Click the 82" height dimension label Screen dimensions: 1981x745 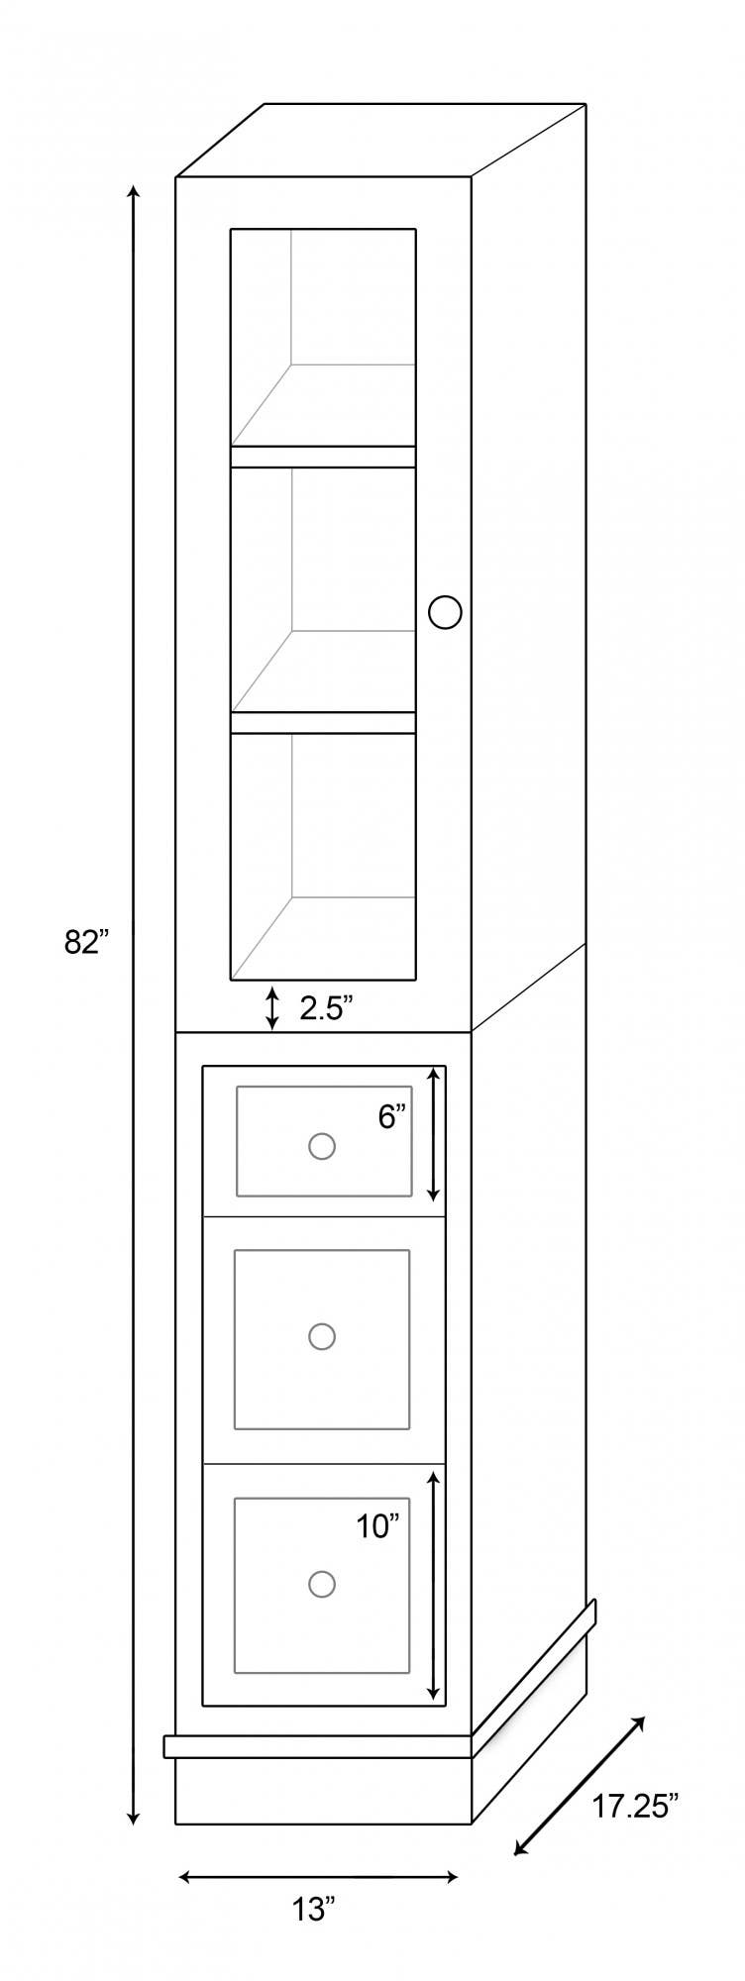click(x=85, y=942)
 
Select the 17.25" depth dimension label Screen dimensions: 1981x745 click(x=635, y=1805)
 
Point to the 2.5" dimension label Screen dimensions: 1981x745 click(x=326, y=1008)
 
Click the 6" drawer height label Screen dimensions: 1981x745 click(x=392, y=1117)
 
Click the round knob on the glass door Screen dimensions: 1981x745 click(x=445, y=612)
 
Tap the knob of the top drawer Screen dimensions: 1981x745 click(x=321, y=1146)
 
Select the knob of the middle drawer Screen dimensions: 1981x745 click(x=321, y=1336)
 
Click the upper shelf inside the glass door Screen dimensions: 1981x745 click(x=323, y=456)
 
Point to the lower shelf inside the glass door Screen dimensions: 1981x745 click(x=323, y=722)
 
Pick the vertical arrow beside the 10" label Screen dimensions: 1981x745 click(x=433, y=1585)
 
